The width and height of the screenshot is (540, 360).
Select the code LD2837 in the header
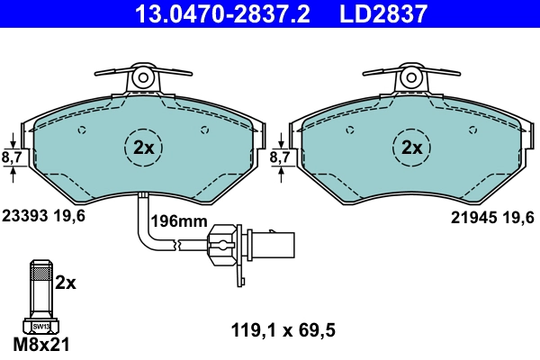pyautogui.click(x=382, y=13)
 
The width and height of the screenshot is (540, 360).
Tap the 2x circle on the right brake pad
pyautogui.click(x=412, y=147)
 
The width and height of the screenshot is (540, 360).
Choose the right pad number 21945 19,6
pyautogui.click(x=492, y=216)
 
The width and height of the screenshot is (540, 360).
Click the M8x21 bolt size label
pyautogui.click(x=42, y=344)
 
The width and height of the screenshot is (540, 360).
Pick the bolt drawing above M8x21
pyautogui.click(x=40, y=292)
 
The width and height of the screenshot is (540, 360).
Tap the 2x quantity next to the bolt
pyautogui.click(x=67, y=283)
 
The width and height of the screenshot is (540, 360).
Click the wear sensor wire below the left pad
pyautogui.click(x=141, y=225)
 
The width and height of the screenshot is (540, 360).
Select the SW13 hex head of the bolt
pyautogui.click(x=40, y=325)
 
